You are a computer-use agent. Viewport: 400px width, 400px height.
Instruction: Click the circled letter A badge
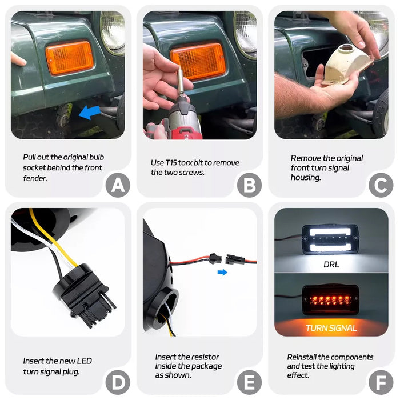(118, 185)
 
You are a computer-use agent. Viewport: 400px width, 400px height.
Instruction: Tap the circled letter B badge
(249, 185)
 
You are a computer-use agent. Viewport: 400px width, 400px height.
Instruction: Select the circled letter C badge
(381, 185)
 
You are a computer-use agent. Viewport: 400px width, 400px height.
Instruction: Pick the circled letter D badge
(118, 382)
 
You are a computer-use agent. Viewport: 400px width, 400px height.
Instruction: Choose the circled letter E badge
(249, 382)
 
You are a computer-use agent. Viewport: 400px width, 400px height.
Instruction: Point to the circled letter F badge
(381, 382)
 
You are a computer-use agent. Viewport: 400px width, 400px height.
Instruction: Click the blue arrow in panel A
(89, 113)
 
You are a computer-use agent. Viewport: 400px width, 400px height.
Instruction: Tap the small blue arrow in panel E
(222, 272)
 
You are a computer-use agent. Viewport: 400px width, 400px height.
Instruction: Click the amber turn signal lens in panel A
(69, 58)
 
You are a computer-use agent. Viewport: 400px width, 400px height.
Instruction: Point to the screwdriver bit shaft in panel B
(181, 80)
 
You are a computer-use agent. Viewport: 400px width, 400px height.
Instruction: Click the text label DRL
(331, 265)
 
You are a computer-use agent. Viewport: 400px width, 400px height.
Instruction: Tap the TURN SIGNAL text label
(331, 328)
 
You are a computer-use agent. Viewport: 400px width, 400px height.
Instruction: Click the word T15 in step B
(171, 162)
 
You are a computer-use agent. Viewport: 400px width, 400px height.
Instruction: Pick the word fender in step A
(35, 178)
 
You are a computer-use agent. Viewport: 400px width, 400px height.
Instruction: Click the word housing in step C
(306, 178)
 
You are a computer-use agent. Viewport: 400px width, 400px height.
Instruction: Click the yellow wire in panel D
(53, 238)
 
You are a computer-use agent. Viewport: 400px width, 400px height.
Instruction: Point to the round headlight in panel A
(112, 31)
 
